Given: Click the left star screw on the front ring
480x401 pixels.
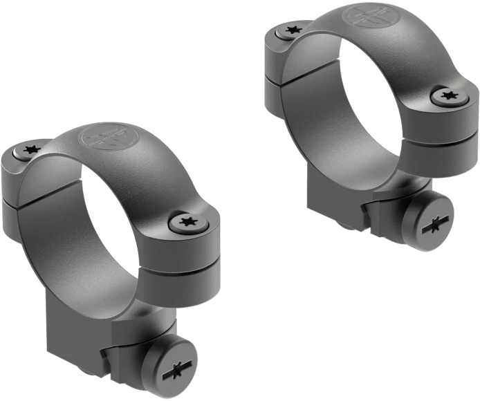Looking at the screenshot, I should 30,149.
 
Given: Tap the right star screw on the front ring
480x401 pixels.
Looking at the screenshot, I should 185,223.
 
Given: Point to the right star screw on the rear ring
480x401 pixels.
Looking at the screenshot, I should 447,96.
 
